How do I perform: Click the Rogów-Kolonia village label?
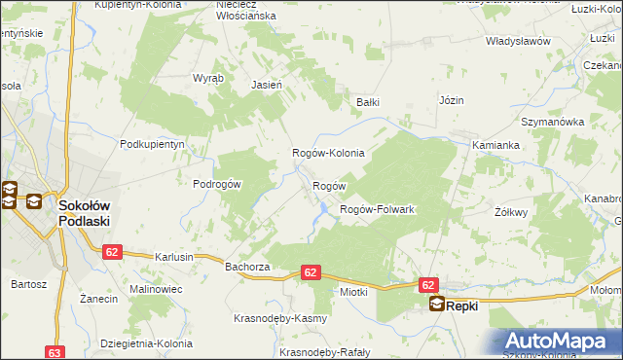(329, 154)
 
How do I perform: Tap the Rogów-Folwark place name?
(377, 209)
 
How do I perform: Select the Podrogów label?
(217, 185)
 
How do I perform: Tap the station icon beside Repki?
(437, 305)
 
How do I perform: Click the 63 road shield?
(55, 352)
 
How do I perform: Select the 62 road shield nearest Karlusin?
(112, 251)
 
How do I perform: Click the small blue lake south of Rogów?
(319, 207)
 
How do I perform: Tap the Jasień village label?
(267, 85)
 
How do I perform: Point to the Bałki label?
(367, 101)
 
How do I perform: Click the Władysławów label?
(519, 42)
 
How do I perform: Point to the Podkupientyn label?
(152, 143)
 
